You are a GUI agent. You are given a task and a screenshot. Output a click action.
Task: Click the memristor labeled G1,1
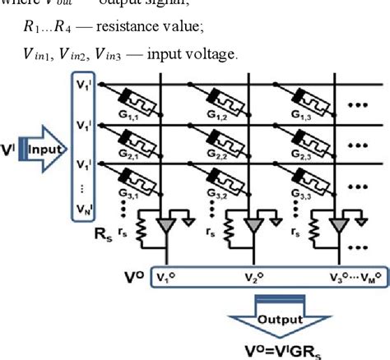point(132,96)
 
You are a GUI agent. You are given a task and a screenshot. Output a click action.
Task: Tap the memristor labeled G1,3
point(314,96)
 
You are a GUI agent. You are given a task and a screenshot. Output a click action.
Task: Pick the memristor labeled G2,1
point(132,136)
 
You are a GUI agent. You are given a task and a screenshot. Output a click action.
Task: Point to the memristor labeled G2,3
point(314,136)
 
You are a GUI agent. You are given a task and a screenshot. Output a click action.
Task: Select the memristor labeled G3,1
point(132,178)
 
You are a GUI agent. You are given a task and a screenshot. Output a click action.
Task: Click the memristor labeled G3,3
point(314,178)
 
